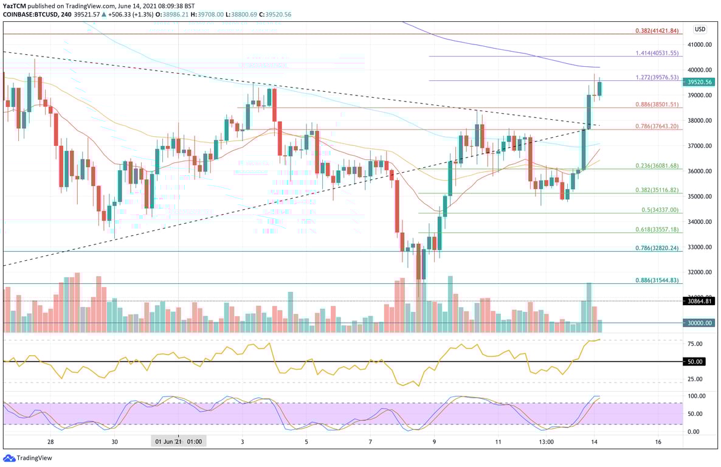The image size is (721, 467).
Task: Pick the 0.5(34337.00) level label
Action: coord(660,210)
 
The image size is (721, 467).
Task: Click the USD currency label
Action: coord(700,29)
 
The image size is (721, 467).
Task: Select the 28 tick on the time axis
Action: coord(50,441)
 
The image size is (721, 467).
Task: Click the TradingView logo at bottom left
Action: coord(19,458)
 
